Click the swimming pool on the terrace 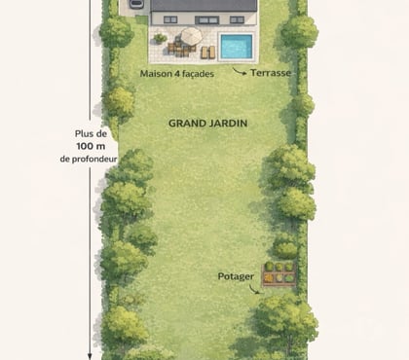coord(234,46)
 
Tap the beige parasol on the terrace coord(191,36)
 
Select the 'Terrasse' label coord(271,72)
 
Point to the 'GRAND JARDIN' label coord(207,124)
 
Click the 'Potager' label coord(236,276)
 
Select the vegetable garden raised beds coord(279,274)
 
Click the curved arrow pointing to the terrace coord(240,71)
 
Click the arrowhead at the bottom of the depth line coord(90,353)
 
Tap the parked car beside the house coord(135,4)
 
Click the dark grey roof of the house coord(204,5)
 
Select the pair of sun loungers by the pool coord(205,52)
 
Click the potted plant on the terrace coord(160,39)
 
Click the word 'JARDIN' coord(226,124)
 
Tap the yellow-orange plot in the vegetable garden coord(270,278)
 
